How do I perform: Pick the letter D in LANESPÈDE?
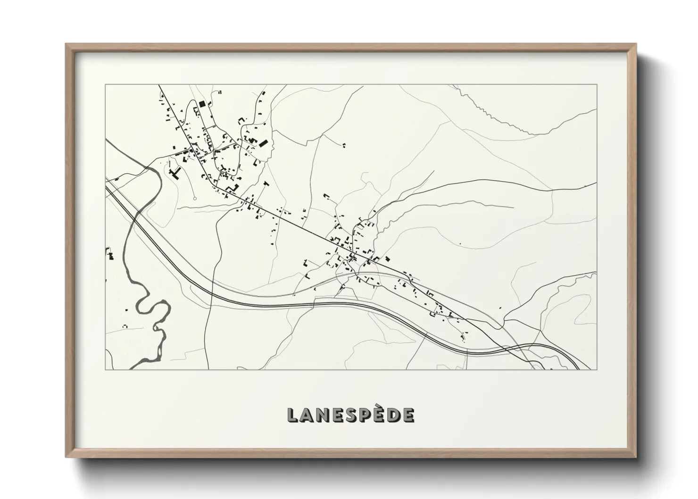tap(392, 415)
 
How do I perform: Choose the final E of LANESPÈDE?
tap(408, 415)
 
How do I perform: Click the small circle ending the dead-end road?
tap(194, 199)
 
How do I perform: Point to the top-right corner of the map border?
tap(597, 85)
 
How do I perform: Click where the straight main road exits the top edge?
tap(159, 85)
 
